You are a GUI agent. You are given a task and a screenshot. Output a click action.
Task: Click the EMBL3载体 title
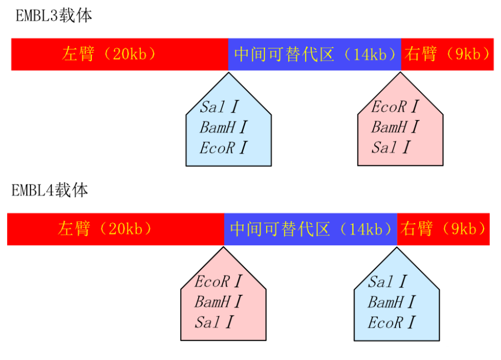53,16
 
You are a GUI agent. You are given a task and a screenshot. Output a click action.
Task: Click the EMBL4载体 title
50,190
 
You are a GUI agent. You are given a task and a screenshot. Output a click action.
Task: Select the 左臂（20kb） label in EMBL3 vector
109,54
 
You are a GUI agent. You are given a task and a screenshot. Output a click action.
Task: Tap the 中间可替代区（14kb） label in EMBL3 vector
315,54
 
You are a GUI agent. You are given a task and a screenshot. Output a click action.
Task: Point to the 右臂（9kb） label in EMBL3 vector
448,54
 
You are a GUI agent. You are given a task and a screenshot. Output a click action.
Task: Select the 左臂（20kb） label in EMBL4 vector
105,229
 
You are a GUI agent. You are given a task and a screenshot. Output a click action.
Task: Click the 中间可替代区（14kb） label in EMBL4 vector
311,229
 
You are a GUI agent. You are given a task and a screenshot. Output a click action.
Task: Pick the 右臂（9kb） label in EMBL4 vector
443,229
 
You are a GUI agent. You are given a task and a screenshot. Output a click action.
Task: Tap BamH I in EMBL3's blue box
223,127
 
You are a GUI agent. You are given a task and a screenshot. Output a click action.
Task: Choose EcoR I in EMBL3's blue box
223,148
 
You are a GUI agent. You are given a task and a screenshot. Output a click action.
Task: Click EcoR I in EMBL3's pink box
395,106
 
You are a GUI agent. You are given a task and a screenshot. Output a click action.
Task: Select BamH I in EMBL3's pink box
395,127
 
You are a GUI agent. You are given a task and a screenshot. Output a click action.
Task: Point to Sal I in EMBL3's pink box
391,147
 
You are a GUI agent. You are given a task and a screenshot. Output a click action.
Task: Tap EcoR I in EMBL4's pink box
218,281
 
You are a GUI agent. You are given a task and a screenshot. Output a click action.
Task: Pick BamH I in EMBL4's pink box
218,302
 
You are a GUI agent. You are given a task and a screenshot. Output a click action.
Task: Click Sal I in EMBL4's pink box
214,322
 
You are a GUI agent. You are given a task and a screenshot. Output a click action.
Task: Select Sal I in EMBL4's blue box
387,282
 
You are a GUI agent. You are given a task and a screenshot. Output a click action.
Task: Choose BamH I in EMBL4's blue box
391,302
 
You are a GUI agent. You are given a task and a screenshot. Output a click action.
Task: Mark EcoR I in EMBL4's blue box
391,323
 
